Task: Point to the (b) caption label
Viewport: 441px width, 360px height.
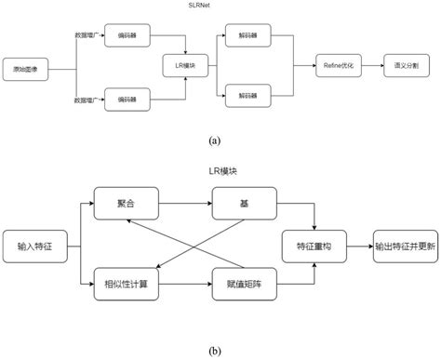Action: coord(215,352)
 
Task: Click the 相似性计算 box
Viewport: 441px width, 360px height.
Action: coord(124,284)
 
